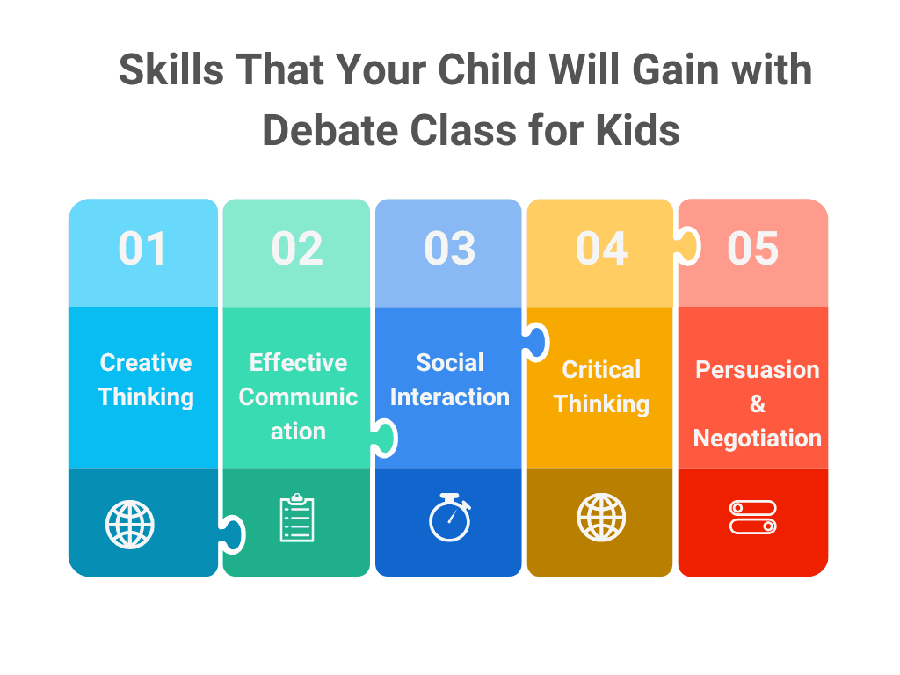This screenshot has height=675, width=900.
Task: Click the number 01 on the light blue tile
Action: [x=142, y=249]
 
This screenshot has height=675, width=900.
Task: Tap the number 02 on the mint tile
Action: [x=297, y=249]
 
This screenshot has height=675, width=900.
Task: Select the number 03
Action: [x=449, y=249]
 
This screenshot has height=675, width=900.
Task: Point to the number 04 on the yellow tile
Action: [x=601, y=249]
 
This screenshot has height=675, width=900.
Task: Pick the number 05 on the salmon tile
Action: [x=753, y=249]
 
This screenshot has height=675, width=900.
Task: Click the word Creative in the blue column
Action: [x=146, y=363]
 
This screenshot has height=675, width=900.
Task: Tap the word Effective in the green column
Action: [x=298, y=363]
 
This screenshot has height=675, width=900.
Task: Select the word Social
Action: [x=450, y=363]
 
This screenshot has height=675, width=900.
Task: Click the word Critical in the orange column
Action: [x=602, y=370]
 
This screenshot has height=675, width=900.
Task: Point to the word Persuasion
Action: [x=758, y=370]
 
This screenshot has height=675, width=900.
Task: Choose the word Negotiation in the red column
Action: [x=758, y=438]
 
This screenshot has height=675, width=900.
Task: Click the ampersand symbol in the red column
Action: [x=758, y=404]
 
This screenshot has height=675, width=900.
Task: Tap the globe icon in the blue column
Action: [x=130, y=525]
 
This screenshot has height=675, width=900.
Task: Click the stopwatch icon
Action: [x=450, y=519]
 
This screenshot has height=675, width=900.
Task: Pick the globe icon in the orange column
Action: [x=602, y=518]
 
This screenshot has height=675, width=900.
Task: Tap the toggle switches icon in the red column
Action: [x=753, y=518]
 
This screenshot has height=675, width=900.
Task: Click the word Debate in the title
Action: [x=329, y=130]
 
